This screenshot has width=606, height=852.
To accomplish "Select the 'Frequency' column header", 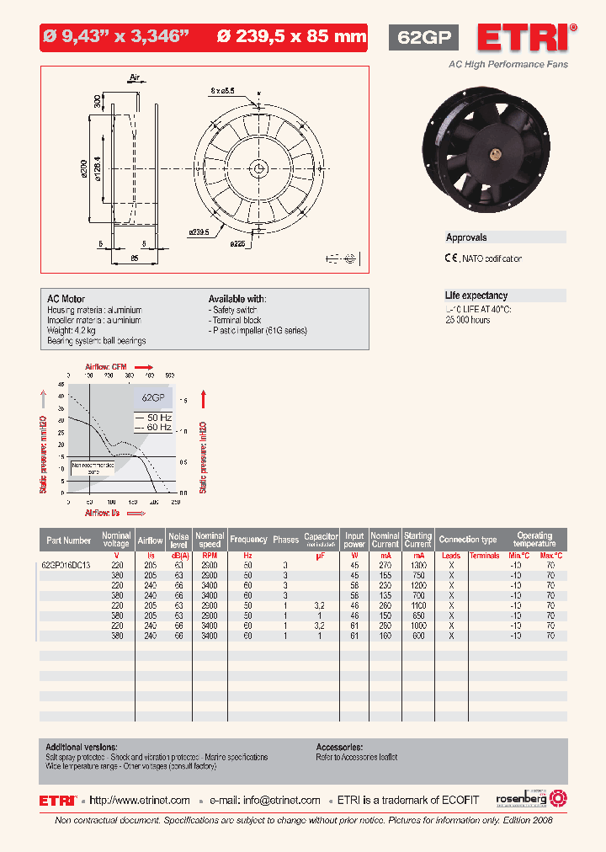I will click(248, 540).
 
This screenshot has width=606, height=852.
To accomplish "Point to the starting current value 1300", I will click(417, 565).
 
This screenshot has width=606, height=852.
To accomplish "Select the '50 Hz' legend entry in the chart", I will click(154, 418).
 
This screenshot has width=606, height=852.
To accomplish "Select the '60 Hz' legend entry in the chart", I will click(154, 428).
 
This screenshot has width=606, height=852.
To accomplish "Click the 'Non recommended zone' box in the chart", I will click(94, 467).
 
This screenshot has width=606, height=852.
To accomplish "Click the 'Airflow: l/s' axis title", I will click(102, 512).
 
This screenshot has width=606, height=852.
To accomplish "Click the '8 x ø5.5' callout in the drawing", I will click(223, 90).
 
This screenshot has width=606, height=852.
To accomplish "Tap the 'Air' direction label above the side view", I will click(134, 77).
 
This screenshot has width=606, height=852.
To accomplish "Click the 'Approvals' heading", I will click(466, 238).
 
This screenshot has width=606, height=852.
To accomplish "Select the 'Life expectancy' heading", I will click(476, 296).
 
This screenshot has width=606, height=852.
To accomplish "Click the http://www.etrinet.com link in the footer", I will click(140, 800).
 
